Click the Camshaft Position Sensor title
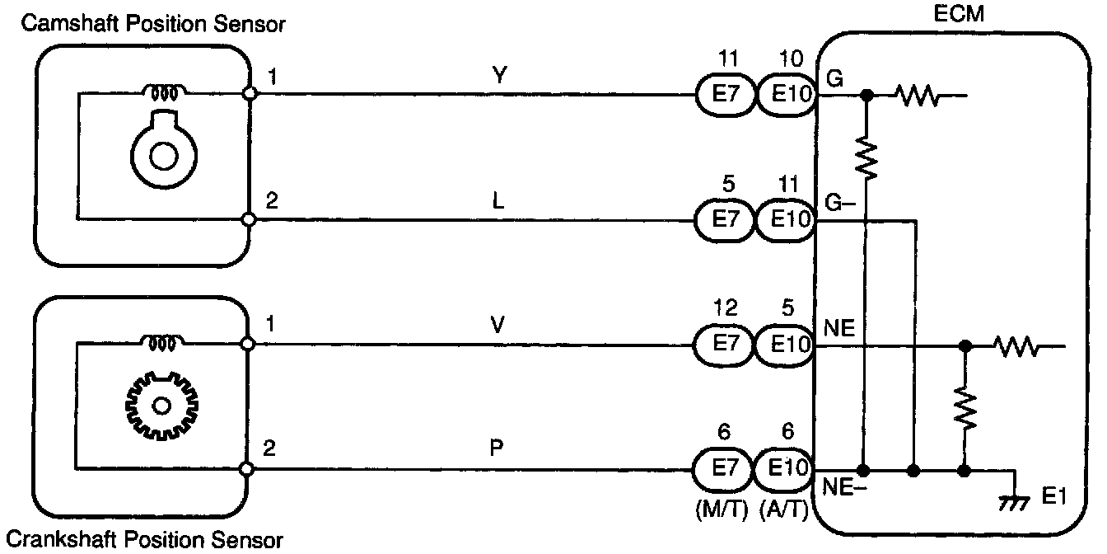click(154, 24)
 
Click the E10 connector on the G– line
click(785, 221)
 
